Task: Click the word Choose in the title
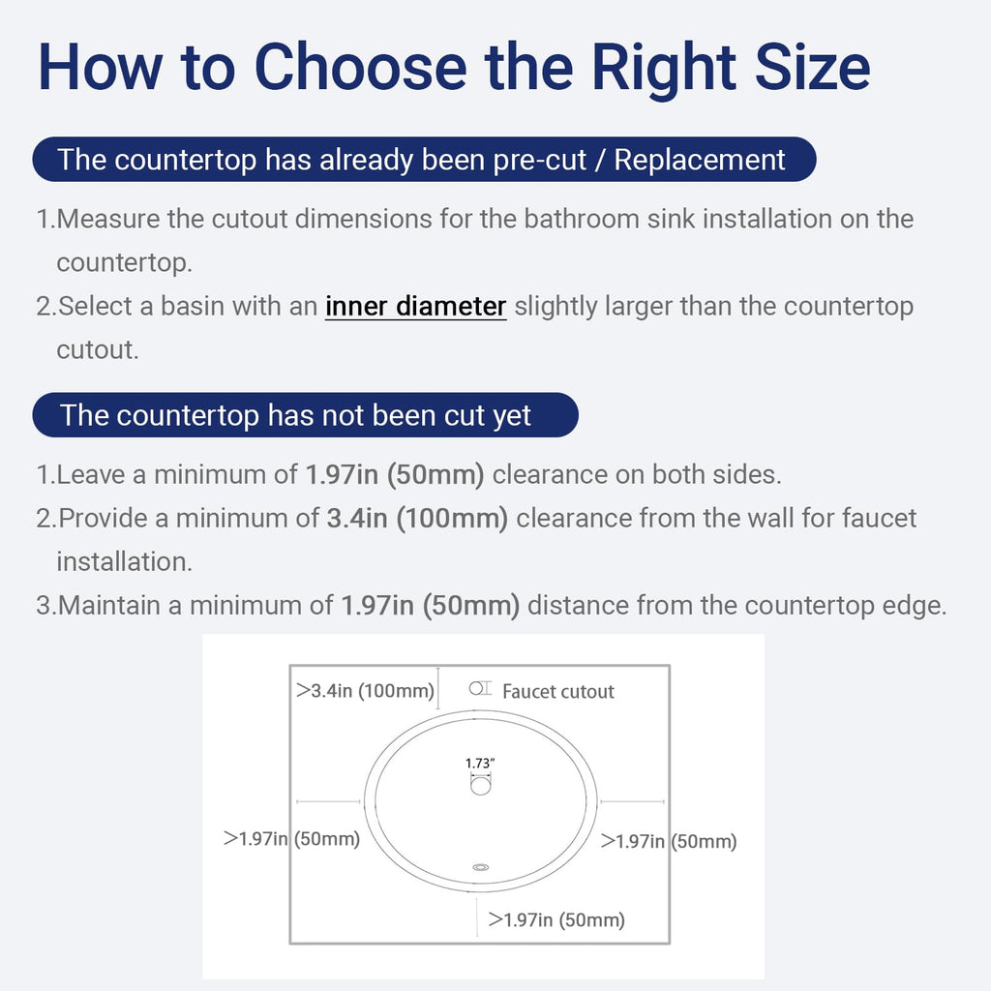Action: pyautogui.click(x=361, y=67)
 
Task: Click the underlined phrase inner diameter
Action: pyautogui.click(x=415, y=307)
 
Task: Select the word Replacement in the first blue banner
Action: pyautogui.click(x=700, y=160)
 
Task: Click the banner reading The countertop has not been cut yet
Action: pyautogui.click(x=305, y=415)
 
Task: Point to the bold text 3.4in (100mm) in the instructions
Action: pyautogui.click(x=417, y=519)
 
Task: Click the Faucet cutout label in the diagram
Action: pyautogui.click(x=558, y=691)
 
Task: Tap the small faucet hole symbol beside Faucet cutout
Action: pyautogui.click(x=480, y=688)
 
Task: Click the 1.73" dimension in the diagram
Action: pyautogui.click(x=480, y=764)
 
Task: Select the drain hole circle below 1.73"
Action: pyautogui.click(x=480, y=786)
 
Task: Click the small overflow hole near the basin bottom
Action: pyautogui.click(x=481, y=868)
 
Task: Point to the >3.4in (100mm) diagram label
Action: pyautogui.click(x=365, y=690)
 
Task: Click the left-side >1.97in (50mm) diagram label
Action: pyautogui.click(x=291, y=839)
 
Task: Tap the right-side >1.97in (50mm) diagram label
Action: pyautogui.click(x=669, y=841)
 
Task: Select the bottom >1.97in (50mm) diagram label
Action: pyautogui.click(x=556, y=919)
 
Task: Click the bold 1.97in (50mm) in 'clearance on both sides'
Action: pyautogui.click(x=395, y=474)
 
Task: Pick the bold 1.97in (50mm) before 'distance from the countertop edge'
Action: pyautogui.click(x=430, y=606)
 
